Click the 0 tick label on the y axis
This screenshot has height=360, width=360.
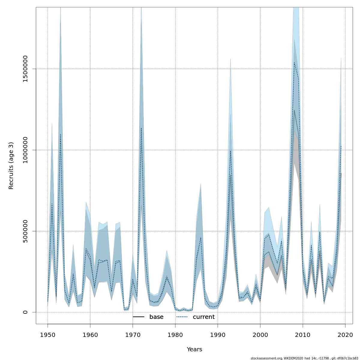[25, 312]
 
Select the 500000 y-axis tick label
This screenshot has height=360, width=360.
[25, 231]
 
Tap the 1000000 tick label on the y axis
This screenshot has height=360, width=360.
[25, 150]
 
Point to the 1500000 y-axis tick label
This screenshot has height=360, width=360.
[25, 69]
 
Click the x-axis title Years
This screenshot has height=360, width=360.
[194, 349]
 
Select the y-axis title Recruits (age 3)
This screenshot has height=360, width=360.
[11, 166]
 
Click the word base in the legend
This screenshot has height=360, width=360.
[156, 317]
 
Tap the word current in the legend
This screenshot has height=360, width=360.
[204, 317]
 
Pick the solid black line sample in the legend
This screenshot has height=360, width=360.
[139, 317]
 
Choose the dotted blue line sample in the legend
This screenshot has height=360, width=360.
[182, 317]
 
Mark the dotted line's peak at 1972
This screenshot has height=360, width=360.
[141, 128]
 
